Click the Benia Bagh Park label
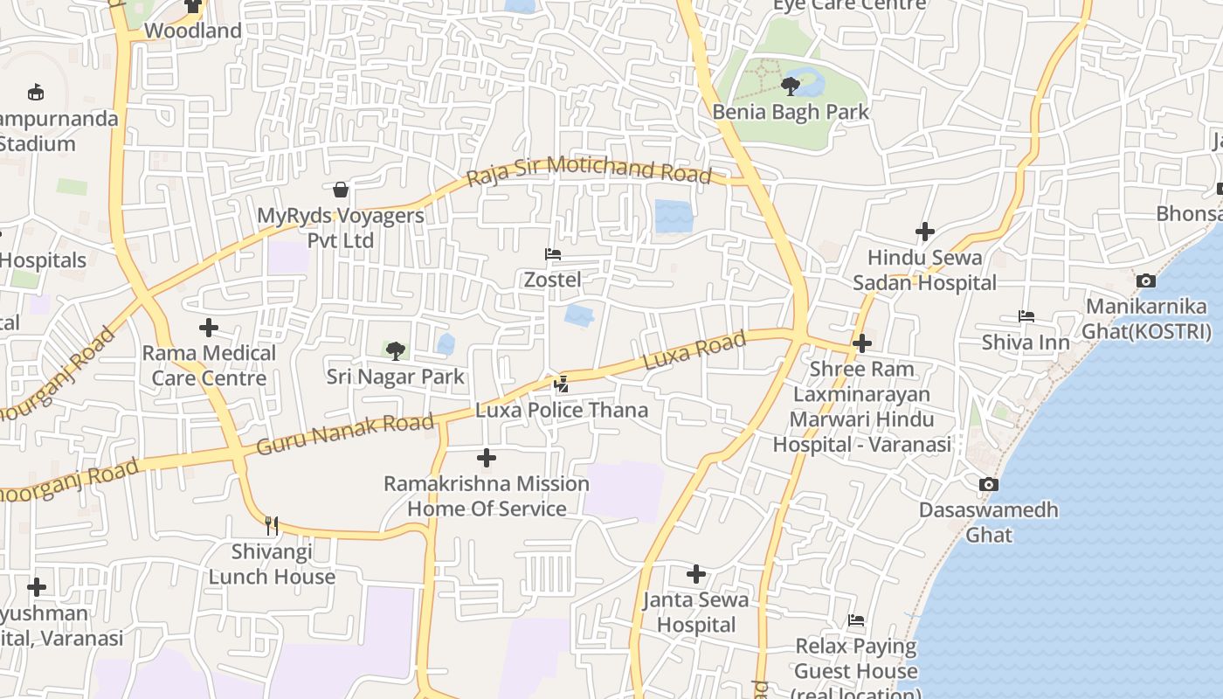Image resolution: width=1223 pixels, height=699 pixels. [x=791, y=112]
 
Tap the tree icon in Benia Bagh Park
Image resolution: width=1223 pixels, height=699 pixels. [x=791, y=86]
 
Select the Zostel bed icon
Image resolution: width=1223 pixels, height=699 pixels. [x=552, y=255]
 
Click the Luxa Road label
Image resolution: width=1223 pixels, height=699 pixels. [x=694, y=349]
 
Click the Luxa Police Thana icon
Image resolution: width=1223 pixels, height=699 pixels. [x=562, y=384]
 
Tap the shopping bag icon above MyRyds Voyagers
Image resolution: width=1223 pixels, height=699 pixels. [x=341, y=190]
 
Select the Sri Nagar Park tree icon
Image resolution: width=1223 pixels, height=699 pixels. [x=396, y=351]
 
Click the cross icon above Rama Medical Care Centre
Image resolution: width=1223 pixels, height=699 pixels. [x=209, y=328]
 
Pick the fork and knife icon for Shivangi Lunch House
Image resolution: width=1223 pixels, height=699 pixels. [x=272, y=525]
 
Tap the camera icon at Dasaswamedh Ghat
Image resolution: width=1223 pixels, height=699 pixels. [x=989, y=484]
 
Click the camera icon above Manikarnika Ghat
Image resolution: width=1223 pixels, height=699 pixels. [x=1146, y=280]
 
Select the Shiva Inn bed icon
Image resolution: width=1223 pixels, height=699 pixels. [x=1026, y=316]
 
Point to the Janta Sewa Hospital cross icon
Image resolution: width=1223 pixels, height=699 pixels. [x=696, y=574]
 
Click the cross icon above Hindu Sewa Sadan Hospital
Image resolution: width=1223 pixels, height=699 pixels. [x=925, y=232]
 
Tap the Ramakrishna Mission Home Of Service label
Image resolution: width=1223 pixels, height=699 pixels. [x=487, y=495]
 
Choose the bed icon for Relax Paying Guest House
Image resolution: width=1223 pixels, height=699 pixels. [x=856, y=620]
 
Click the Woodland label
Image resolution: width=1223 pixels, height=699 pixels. [x=192, y=31]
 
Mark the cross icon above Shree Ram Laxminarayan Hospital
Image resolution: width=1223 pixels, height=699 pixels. [x=862, y=343]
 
